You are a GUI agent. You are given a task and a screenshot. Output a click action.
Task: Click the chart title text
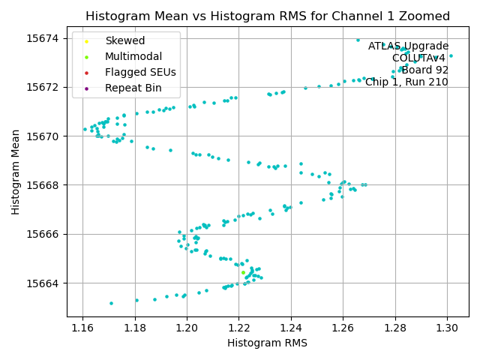pos(268,16)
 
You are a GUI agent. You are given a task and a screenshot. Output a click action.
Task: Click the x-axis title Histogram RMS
pos(267,343)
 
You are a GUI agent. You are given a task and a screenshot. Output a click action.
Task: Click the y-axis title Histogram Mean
pos(16,171)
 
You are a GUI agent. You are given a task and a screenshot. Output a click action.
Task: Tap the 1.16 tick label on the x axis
pos(82,328)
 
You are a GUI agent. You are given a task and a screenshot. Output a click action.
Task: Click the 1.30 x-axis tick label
pos(447,328)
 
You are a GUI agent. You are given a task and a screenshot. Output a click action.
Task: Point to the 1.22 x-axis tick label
pos(238,328)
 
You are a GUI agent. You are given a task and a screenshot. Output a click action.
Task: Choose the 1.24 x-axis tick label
pos(291,328)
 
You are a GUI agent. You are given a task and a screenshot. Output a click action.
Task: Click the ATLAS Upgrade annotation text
pos(408,46)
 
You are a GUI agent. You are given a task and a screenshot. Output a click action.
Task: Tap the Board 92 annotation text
pos(424,70)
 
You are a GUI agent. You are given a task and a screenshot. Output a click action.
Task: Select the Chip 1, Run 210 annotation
pos(406,82)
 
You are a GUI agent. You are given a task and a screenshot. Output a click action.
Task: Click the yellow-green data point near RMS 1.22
pos(243,272)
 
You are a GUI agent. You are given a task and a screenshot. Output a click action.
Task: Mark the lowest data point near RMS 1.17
pos(111,303)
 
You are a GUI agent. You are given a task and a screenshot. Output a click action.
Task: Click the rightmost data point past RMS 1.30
pos(451,55)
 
